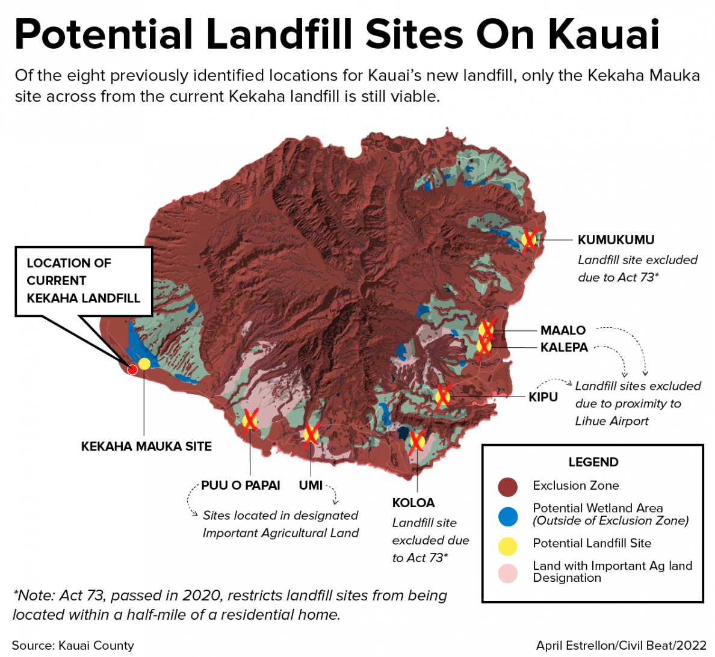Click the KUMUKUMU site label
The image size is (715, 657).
point(616,240)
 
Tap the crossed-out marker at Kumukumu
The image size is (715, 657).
point(529,240)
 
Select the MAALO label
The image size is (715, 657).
point(563,330)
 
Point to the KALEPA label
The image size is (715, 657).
point(564,348)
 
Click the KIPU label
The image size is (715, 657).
point(543,397)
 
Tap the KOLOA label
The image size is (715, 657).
point(413,503)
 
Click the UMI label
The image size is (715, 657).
point(311,486)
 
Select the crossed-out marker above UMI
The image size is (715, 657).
point(311,433)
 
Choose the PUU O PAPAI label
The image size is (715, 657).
point(241,486)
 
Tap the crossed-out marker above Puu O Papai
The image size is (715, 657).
point(250,420)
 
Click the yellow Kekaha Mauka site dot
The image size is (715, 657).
point(144,363)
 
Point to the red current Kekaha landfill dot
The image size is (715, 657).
point(132,369)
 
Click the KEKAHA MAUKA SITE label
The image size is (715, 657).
point(146,446)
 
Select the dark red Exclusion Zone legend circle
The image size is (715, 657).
point(508,487)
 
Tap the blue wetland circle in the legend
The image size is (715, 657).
point(508,516)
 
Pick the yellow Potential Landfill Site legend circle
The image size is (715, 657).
point(508,546)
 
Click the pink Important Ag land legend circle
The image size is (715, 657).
point(508,573)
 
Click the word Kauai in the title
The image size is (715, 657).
point(604,34)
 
